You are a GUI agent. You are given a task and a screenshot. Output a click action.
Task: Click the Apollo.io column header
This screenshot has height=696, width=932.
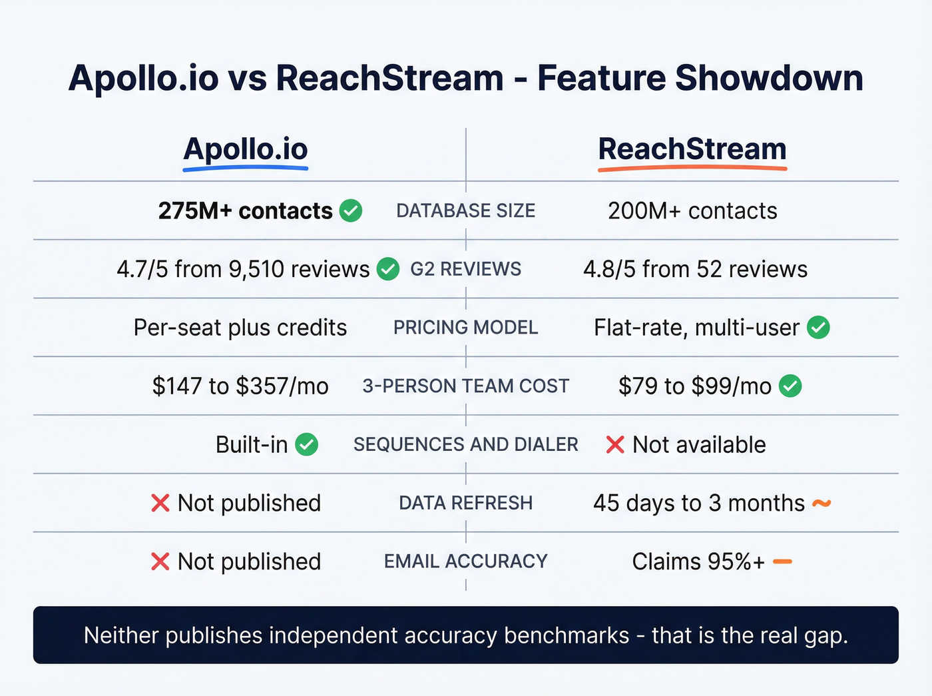pyautogui.click(x=246, y=149)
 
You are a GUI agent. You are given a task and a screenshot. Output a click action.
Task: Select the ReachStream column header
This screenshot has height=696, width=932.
pyautogui.click(x=692, y=149)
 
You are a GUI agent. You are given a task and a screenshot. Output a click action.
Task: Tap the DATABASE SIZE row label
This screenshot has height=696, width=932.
pyautogui.click(x=465, y=211)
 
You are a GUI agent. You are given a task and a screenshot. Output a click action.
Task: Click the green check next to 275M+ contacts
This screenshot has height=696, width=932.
pyautogui.click(x=351, y=210)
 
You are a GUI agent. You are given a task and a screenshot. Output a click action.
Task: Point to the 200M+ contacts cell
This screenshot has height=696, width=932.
pyautogui.click(x=692, y=211)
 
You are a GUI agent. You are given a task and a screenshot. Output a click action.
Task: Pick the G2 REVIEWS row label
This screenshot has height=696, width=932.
pyautogui.click(x=465, y=269)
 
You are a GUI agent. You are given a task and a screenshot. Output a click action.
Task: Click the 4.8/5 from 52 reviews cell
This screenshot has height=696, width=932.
pyautogui.click(x=695, y=269)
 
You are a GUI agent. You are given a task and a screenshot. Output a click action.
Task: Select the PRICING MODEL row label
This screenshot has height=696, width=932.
pyautogui.click(x=465, y=328)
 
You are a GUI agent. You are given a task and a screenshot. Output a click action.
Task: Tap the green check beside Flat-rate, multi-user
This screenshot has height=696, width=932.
pyautogui.click(x=818, y=327)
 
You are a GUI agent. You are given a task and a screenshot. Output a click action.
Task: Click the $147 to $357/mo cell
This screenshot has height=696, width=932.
pyautogui.click(x=240, y=386)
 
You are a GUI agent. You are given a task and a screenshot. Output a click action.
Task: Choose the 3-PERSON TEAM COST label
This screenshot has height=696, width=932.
pyautogui.click(x=465, y=386)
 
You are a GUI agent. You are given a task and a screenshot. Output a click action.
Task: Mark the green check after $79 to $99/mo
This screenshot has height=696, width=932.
pyautogui.click(x=790, y=386)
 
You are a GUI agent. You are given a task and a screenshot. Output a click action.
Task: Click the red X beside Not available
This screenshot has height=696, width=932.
pyautogui.click(x=615, y=444)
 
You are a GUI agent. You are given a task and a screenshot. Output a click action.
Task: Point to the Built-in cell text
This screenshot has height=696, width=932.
pyautogui.click(x=252, y=444)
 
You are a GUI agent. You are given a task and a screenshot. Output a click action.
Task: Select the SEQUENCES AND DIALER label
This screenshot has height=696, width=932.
pyautogui.click(x=465, y=444)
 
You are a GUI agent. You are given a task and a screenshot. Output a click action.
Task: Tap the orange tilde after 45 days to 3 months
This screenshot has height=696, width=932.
pyautogui.click(x=821, y=504)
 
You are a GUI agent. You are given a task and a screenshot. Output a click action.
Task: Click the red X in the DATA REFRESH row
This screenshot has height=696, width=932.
pyautogui.click(x=160, y=503)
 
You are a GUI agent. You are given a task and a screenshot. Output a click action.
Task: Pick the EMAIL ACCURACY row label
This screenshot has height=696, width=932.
pyautogui.click(x=465, y=561)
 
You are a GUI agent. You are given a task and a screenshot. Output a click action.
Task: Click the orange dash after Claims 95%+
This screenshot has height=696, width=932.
pyautogui.click(x=782, y=561)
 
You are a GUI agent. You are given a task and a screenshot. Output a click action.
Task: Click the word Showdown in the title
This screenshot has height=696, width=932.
pyautogui.click(x=769, y=78)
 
